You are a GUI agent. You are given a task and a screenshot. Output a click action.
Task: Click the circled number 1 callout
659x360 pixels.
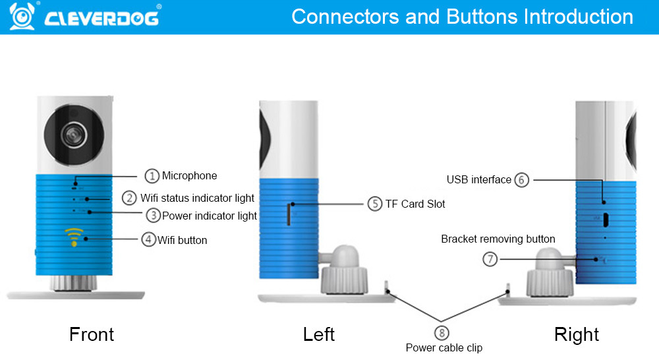pyautogui.click(x=152, y=175)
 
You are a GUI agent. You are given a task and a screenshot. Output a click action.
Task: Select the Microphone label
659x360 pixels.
pyautogui.click(x=190, y=175)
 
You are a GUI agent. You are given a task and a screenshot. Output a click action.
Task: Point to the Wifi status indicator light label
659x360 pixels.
pyautogui.click(x=197, y=198)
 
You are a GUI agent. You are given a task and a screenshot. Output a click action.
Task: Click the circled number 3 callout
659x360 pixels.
pyautogui.click(x=153, y=215)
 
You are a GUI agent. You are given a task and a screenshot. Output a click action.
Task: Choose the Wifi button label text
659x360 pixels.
pyautogui.click(x=183, y=240)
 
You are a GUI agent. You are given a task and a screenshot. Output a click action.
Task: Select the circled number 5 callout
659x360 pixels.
pyautogui.click(x=375, y=204)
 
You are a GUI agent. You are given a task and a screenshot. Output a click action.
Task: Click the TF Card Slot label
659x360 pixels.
pyautogui.click(x=415, y=204)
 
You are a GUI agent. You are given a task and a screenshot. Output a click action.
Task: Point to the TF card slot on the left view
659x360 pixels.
pyautogui.click(x=289, y=214)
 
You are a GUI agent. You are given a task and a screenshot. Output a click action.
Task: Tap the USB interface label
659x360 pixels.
pyautogui.click(x=478, y=179)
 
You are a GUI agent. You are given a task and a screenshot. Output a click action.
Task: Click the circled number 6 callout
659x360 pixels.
pyautogui.click(x=521, y=179)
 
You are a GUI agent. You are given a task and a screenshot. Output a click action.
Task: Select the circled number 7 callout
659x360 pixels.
pyautogui.click(x=490, y=259)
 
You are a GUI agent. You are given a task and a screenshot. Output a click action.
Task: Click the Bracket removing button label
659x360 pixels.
pyautogui.click(x=498, y=239)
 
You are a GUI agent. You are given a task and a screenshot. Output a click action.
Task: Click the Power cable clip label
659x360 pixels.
pyautogui.click(x=444, y=347)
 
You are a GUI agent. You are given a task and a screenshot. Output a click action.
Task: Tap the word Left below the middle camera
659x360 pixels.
pyautogui.click(x=319, y=334)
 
